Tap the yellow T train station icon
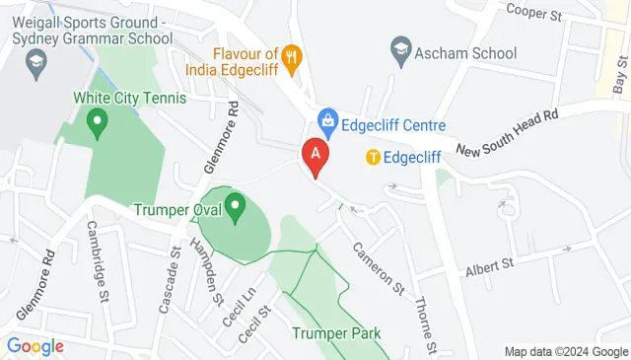374,156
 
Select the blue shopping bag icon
324,124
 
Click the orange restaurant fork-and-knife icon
291,57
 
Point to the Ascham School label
465,53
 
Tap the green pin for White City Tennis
97,123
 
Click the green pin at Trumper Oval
235,208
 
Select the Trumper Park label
335,333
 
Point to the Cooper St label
532,12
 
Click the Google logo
35,346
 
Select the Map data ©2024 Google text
565,351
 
